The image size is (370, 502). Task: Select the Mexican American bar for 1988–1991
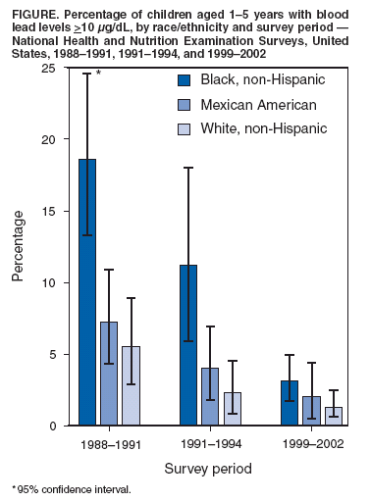109,374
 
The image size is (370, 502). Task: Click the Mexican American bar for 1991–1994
209,396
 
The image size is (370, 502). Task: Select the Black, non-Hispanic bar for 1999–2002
289,403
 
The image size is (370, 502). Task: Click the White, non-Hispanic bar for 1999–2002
332,416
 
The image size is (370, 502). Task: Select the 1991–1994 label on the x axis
209,445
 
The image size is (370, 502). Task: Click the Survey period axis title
209,469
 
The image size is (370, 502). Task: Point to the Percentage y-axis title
19,247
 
